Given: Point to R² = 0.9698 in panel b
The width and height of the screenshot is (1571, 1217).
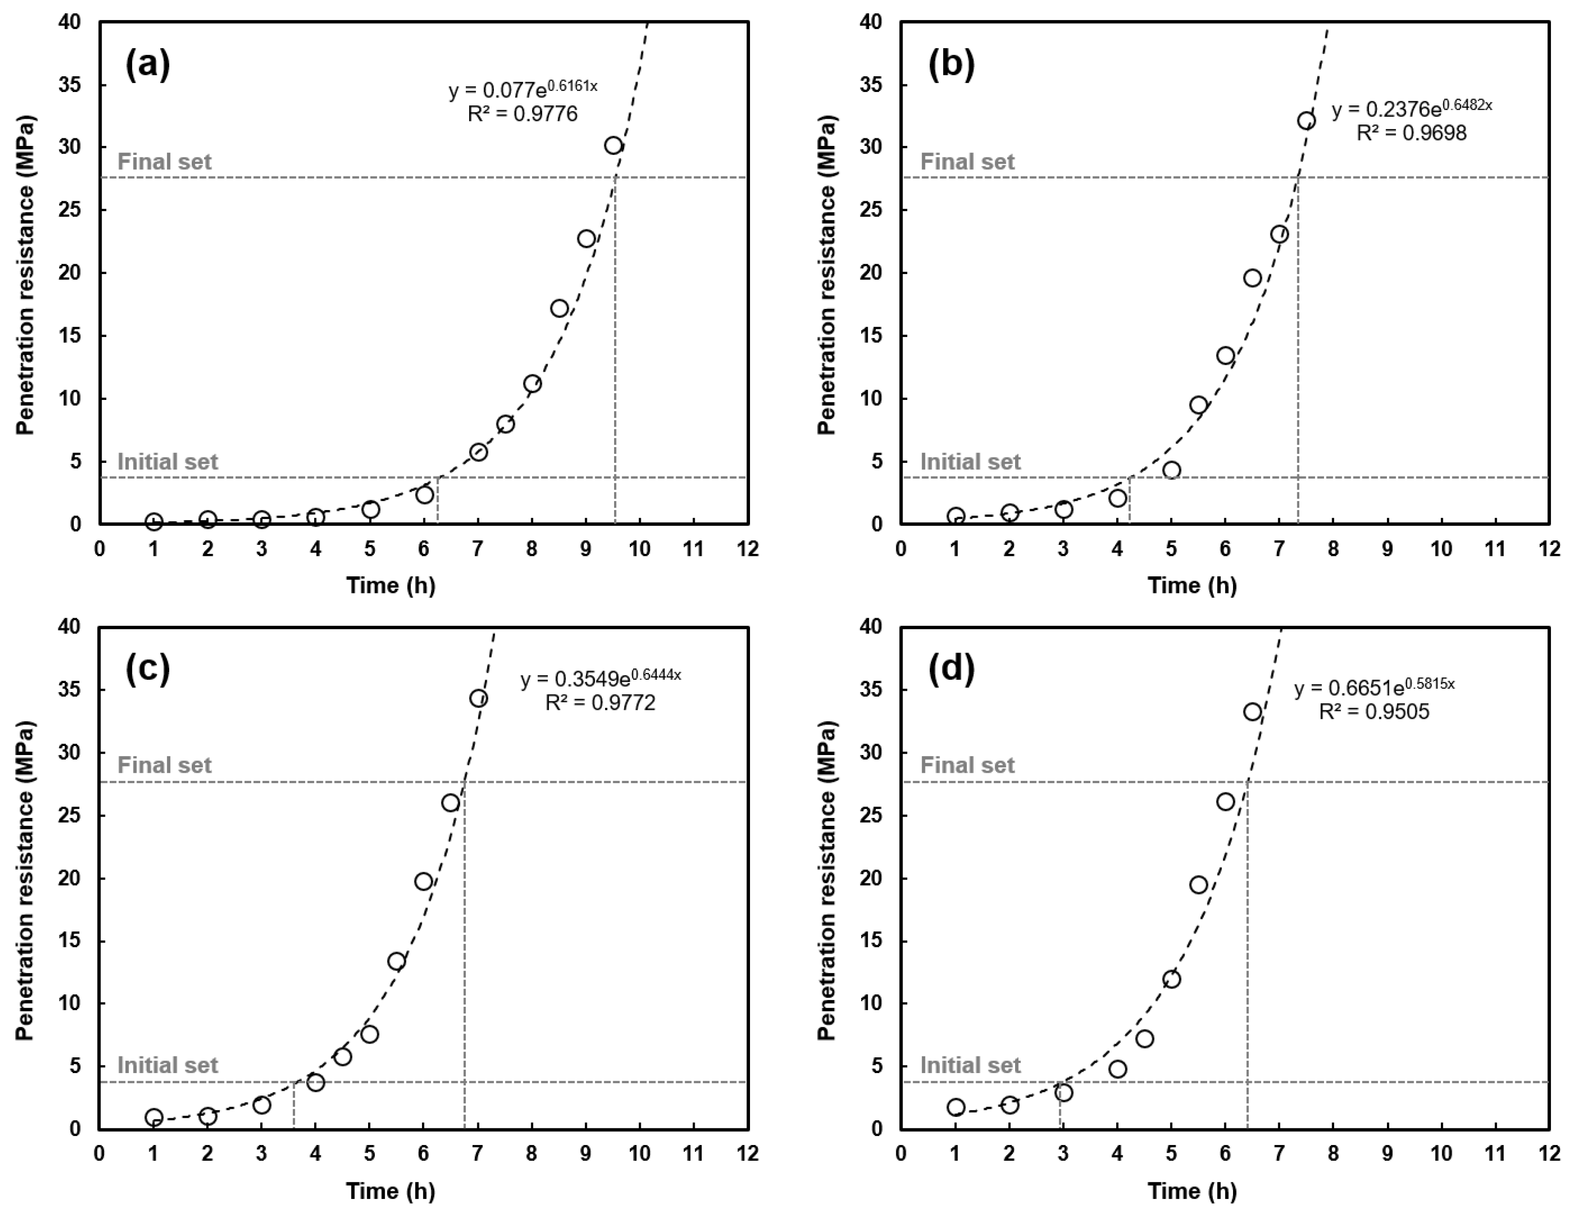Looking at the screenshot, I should click(x=1411, y=133).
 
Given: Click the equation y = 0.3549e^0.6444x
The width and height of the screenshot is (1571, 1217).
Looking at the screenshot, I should click(x=601, y=678).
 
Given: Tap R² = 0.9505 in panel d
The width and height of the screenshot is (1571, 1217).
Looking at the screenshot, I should click(x=1374, y=711).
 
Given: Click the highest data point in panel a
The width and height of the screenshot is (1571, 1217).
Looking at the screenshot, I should click(x=613, y=145).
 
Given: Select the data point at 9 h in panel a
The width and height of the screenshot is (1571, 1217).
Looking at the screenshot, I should click(x=586, y=238).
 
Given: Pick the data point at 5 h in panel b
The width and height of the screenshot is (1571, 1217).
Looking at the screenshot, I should click(x=1171, y=470).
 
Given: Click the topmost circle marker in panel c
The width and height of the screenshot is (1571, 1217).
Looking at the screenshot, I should click(x=478, y=698).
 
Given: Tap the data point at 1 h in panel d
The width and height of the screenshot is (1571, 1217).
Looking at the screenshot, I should click(x=955, y=1107).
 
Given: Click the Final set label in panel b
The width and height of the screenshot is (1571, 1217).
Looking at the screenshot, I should click(x=967, y=162).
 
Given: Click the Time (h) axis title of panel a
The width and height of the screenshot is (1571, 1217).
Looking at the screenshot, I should click(x=390, y=585).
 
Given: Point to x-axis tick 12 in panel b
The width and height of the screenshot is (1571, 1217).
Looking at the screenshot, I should click(x=1549, y=549).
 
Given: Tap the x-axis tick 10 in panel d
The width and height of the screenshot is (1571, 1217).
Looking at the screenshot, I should click(x=1441, y=1153).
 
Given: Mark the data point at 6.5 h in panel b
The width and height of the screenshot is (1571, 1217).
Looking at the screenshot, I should click(x=1253, y=277).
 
